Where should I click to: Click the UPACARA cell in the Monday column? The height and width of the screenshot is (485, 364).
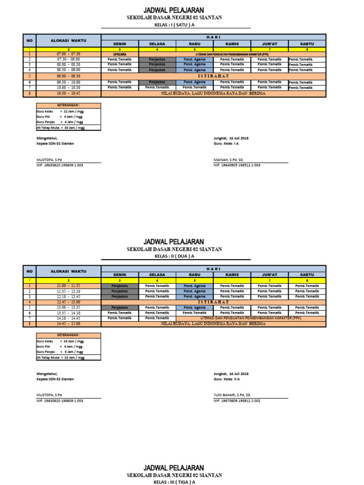(120, 54)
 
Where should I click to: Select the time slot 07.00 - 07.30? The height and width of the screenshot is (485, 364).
(68, 54)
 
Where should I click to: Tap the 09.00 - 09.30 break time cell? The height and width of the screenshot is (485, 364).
(68, 76)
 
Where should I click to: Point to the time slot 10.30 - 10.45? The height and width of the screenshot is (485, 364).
(68, 93)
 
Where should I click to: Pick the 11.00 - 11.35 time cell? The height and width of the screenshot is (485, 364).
(68, 286)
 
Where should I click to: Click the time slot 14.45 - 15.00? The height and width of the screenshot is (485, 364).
(68, 324)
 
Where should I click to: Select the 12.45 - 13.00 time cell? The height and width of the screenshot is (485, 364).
(68, 302)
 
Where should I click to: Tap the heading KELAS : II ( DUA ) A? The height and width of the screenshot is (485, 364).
(174, 256)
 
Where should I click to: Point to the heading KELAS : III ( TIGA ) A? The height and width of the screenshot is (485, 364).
(174, 482)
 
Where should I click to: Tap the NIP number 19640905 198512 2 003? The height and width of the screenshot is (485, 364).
(237, 165)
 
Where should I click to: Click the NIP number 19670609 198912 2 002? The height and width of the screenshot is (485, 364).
(237, 401)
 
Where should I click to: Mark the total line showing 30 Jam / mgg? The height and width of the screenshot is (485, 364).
(60, 127)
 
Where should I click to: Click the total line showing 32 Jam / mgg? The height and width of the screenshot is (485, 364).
(60, 358)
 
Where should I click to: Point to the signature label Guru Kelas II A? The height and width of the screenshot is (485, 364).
(227, 379)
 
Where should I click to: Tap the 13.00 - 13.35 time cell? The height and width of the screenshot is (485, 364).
(68, 307)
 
